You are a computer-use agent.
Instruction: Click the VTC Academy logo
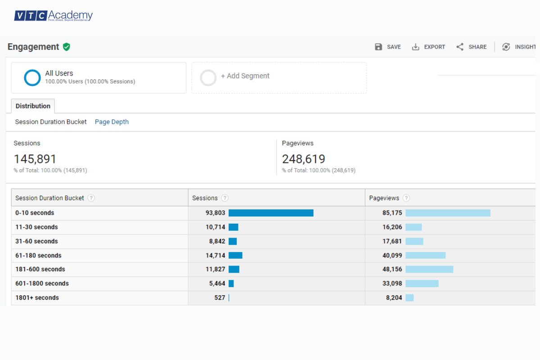pyautogui.click(x=53, y=16)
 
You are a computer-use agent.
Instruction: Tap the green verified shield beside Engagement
pyautogui.click(x=67, y=47)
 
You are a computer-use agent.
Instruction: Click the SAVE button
pyautogui.click(x=388, y=47)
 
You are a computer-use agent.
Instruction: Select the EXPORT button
pyautogui.click(x=428, y=47)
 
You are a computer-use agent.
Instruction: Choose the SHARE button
pyautogui.click(x=471, y=47)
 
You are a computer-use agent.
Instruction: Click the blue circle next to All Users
pyautogui.click(x=32, y=77)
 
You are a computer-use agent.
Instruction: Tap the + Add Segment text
pyautogui.click(x=245, y=76)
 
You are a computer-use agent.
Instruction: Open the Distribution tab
pyautogui.click(x=33, y=106)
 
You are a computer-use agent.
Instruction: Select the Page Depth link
pyautogui.click(x=112, y=122)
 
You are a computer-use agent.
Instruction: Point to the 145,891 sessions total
pyautogui.click(x=35, y=159)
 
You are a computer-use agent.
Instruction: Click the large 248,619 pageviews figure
pyautogui.click(x=303, y=159)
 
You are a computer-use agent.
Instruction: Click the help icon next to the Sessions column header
pyautogui.click(x=225, y=198)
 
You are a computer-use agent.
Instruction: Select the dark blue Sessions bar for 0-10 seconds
pyautogui.click(x=271, y=213)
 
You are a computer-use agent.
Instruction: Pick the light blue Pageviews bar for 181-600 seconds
pyautogui.click(x=429, y=269)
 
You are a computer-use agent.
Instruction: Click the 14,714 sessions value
pyautogui.click(x=216, y=255)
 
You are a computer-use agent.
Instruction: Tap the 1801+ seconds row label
pyautogui.click(x=37, y=297)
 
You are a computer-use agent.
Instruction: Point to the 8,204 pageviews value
pyautogui.click(x=394, y=297)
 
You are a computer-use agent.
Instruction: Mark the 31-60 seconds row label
pyautogui.click(x=36, y=241)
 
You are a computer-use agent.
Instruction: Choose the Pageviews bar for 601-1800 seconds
pyautogui.click(x=422, y=283)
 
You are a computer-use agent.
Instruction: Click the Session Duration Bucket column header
pyautogui.click(x=49, y=198)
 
